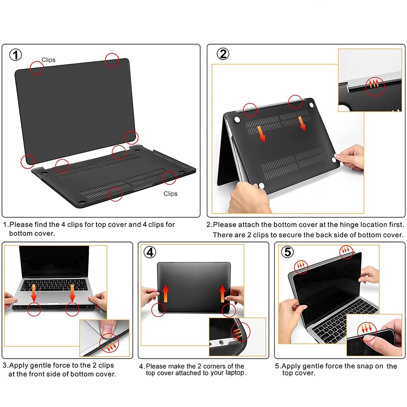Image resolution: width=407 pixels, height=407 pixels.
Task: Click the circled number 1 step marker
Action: click(16, 55)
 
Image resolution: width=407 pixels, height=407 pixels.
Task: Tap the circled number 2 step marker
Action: click(223, 54)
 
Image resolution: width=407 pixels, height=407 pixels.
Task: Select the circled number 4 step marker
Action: click(150, 252)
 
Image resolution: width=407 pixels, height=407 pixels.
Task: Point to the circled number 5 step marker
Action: click(288, 251)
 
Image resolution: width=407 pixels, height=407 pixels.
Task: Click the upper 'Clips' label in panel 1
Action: click(48, 60)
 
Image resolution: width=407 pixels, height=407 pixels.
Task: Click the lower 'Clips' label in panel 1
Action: click(170, 194)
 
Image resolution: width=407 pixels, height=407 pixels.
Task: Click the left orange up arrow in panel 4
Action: click(165, 293)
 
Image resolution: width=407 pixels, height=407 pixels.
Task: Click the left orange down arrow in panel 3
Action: click(34, 293)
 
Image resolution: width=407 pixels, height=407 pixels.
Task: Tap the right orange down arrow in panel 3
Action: click(72, 293)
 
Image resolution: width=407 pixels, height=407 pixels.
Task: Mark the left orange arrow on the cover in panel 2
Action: click(261, 134)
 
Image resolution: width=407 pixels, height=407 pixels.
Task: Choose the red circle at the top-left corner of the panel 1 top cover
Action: click(37, 68)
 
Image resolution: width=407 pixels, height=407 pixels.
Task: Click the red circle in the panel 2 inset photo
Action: click(375, 86)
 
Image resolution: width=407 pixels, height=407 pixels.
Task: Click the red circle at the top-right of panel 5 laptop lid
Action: click(347, 251)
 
